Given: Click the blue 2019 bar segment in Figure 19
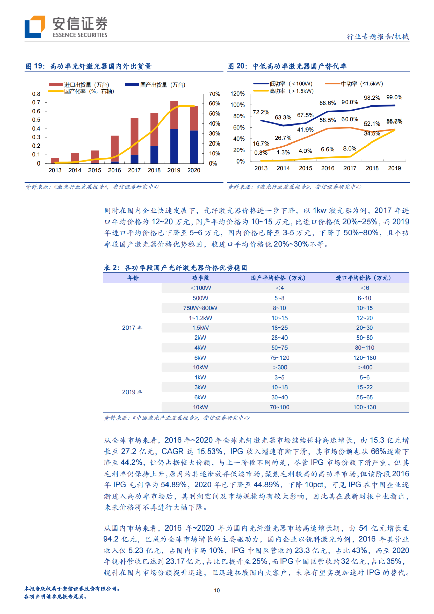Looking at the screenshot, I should [x=174, y=146].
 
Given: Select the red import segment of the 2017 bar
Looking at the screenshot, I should [x=134, y=136].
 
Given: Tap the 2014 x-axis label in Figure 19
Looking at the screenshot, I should [x=75, y=170].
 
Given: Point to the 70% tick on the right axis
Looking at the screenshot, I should [x=214, y=94].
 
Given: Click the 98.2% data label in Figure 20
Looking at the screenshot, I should [x=372, y=98].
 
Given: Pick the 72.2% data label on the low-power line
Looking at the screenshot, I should [x=261, y=112].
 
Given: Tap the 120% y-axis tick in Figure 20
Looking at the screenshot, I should [x=237, y=94].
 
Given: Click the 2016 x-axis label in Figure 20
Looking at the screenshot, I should [x=328, y=168].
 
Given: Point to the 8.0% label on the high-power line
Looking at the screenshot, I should [x=350, y=149].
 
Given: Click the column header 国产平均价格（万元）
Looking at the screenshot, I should [x=278, y=278].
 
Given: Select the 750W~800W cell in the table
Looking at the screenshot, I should [x=200, y=308].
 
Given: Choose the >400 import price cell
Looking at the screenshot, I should [x=364, y=367].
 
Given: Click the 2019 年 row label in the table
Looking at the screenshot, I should [x=132, y=392].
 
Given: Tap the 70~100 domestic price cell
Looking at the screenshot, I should [x=279, y=407].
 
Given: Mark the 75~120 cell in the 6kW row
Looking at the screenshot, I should [x=279, y=358].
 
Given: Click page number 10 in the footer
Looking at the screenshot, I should [x=217, y=590].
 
